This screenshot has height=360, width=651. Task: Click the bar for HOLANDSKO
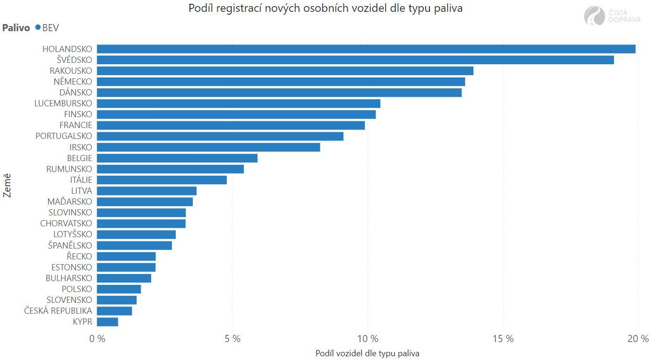(x=366, y=49)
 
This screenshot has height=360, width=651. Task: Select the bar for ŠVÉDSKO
(x=355, y=60)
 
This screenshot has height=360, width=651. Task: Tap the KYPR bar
(x=108, y=322)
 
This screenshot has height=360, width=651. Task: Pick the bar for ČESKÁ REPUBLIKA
(x=114, y=311)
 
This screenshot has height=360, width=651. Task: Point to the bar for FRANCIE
(x=231, y=125)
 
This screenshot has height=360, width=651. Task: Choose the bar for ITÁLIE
(x=162, y=180)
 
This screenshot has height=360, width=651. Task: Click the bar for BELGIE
(x=177, y=158)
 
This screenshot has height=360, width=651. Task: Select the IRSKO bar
(x=208, y=147)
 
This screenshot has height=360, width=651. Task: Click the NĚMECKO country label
(x=73, y=82)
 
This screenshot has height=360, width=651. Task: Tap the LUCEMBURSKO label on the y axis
(x=63, y=103)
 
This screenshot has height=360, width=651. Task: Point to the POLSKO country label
(x=77, y=289)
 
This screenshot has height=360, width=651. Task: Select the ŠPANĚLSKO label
(x=70, y=245)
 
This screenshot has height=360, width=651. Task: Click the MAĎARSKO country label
(x=70, y=202)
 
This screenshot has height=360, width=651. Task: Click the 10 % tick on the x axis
(x=368, y=339)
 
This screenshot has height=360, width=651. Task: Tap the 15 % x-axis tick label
(x=503, y=339)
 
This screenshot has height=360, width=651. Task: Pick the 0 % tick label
(x=97, y=339)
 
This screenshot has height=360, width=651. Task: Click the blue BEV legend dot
(x=38, y=27)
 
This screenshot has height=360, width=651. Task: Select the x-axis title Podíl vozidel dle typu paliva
(x=367, y=353)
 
